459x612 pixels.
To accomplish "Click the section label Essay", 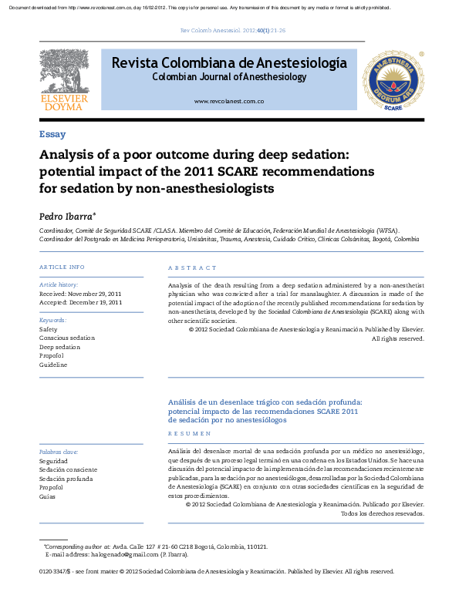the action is [x=52, y=134].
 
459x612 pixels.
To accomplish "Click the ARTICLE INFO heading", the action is [x=62, y=267].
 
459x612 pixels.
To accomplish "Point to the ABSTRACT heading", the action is [x=192, y=267].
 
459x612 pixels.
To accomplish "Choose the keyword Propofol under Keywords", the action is [x=51, y=355].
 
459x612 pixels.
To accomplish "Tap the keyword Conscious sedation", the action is [x=67, y=338].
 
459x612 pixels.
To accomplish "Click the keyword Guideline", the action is [x=53, y=365].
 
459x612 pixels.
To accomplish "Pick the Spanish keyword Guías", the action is [x=48, y=496].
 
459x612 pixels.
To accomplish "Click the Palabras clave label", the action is [x=59, y=452].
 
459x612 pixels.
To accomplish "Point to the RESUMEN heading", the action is [x=189, y=434].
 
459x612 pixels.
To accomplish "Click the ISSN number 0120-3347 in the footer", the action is [x=53, y=571].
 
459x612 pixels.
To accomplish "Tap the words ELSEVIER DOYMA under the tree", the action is [x=65, y=103].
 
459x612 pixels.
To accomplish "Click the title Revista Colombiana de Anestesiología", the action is [x=229, y=63].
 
